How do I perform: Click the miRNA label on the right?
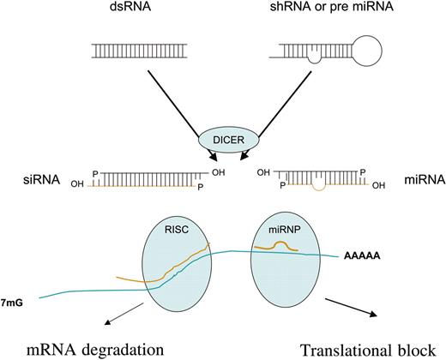pos(395,182)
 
